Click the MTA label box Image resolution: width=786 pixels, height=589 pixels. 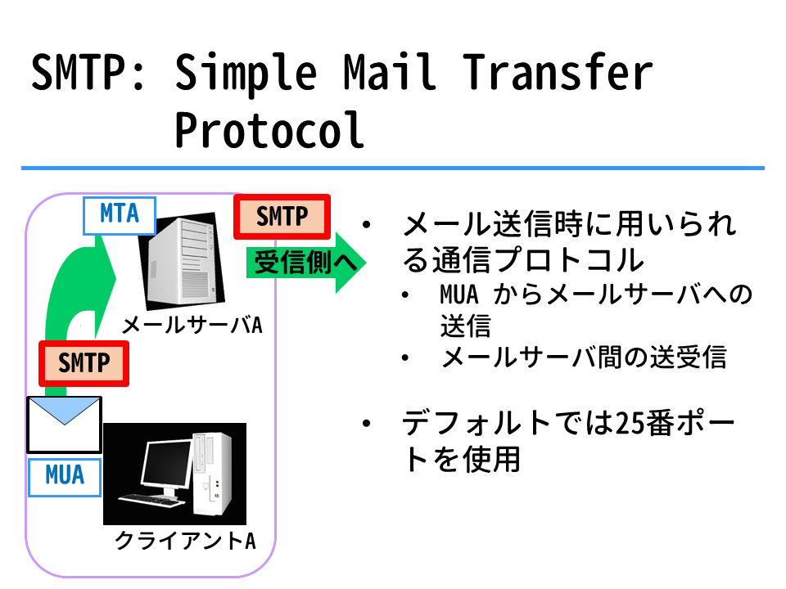tap(120, 215)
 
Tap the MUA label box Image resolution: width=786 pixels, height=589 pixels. tap(65, 477)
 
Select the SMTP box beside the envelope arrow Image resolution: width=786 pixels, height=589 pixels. tap(84, 363)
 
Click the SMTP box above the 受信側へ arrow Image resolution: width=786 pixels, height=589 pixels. tap(282, 217)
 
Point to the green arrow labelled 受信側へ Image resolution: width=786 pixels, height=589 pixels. tap(305, 263)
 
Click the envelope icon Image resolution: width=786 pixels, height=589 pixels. tap(64, 425)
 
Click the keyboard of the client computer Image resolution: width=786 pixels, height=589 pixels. tap(150, 501)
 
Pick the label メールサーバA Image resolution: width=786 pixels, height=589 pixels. tap(192, 326)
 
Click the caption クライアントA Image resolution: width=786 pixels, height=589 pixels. tap(185, 541)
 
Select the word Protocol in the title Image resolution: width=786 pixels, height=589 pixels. tap(269, 130)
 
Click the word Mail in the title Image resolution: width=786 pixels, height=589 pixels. tap(389, 72)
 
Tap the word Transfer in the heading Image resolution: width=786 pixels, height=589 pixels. tap(557, 72)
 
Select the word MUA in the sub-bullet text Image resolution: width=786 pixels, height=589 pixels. tap(459, 294)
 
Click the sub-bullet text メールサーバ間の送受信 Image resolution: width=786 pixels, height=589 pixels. tap(584, 357)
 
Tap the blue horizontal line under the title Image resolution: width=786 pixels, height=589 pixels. tap(393, 169)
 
